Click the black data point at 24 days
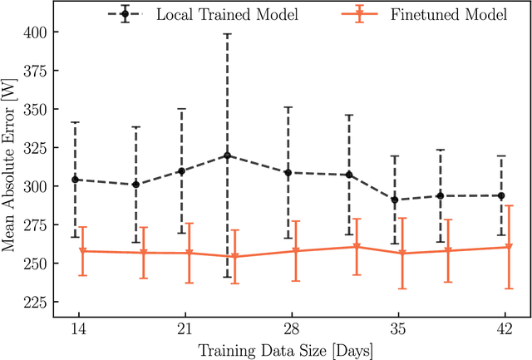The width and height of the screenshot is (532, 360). (228, 155)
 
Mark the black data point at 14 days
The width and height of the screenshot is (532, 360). (76, 180)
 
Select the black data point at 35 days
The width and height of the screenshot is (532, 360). (395, 200)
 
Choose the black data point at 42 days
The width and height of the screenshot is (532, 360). (501, 195)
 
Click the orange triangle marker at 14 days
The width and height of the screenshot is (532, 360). (82, 251)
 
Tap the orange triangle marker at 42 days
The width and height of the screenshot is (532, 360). (508, 248)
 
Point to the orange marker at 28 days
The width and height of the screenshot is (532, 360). (295, 251)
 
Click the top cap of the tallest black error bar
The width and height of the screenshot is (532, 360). (228, 34)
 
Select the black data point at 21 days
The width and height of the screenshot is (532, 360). (182, 170)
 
